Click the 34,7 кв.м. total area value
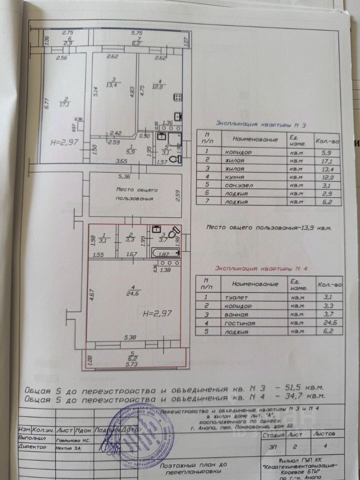click(x=305, y=396)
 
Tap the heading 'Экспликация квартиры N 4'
click(x=256, y=268)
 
